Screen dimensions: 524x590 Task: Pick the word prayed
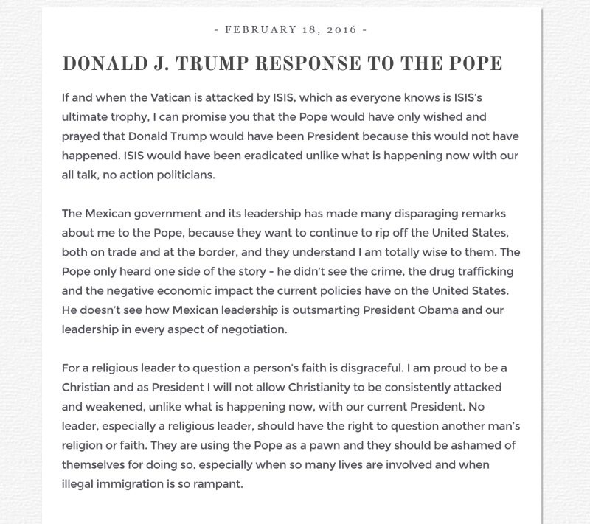pyautogui.click(x=82, y=137)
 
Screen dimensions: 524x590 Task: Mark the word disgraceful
pyautogui.click(x=373, y=368)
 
